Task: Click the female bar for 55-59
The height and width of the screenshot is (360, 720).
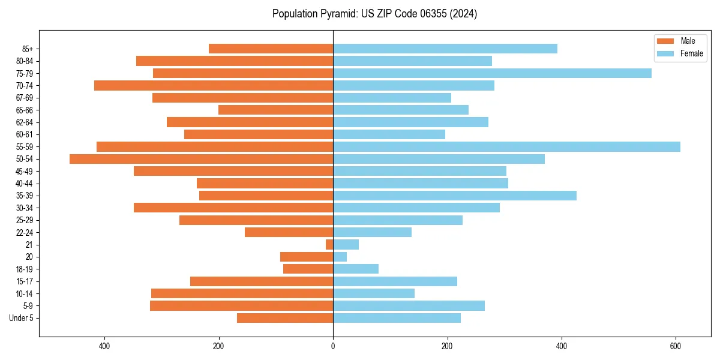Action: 506,146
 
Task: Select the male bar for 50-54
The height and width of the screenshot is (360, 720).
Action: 201,159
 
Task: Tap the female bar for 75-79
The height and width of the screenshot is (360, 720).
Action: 492,73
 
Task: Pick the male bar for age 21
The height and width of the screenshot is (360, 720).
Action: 329,245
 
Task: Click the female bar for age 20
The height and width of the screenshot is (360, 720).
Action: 340,257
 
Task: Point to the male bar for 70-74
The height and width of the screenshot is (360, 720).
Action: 214,85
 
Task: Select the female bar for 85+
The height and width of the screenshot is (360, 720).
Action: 445,49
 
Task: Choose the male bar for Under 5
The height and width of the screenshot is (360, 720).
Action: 285,318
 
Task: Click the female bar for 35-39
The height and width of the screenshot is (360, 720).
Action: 454,196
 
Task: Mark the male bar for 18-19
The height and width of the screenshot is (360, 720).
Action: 308,269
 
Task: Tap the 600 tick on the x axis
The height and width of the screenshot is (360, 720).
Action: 676,346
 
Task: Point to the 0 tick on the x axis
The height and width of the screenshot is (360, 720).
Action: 333,346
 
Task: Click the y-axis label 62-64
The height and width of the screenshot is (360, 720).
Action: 25,122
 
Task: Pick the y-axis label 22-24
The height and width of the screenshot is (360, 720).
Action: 25,232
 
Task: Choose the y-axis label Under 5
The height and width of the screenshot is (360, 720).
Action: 22,318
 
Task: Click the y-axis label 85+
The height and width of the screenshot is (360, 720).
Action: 28,49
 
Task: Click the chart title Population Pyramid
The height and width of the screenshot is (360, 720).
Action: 374,14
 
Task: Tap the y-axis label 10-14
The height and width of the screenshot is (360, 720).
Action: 25,293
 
